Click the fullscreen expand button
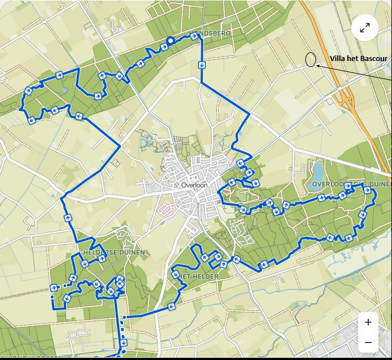point(365,28)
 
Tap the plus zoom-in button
point(368,322)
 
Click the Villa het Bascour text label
point(358,58)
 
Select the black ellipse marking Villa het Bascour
point(310,59)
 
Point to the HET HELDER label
point(199,275)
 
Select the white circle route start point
point(170,40)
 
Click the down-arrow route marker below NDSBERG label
point(202,64)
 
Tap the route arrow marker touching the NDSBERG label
point(194,36)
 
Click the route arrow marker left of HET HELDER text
point(175,275)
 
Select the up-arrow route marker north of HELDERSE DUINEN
point(68,217)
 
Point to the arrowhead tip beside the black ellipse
point(317,66)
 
